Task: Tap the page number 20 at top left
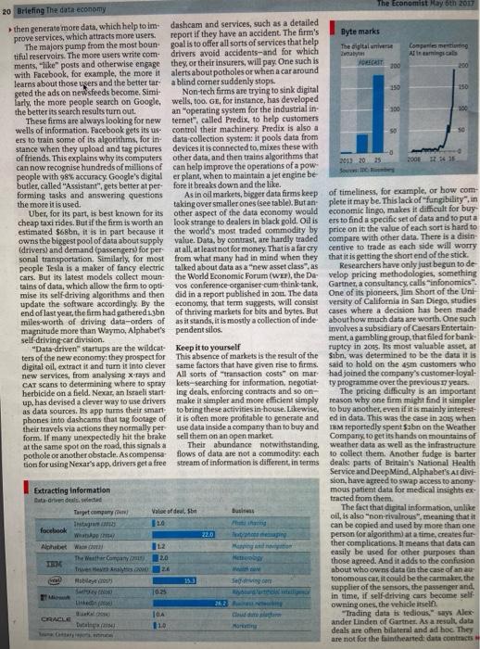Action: pos(7,8)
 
